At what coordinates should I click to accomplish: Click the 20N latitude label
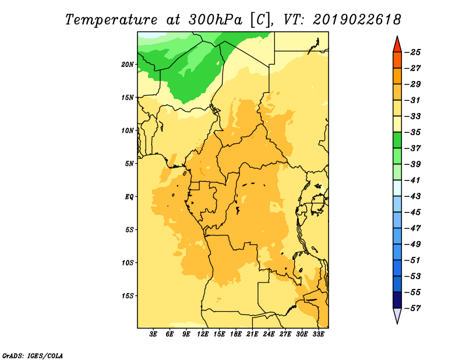coord(128,65)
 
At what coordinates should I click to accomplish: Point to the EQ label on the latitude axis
coord(129,197)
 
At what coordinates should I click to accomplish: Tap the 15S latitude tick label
coord(128,296)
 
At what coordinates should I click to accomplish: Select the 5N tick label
coord(129,164)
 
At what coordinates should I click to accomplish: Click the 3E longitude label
coord(153,334)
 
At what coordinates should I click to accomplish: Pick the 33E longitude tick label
coord(318,334)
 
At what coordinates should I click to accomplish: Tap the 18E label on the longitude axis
coord(236,334)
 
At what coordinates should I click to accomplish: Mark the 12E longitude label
coord(203,334)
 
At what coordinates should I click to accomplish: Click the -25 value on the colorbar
coord(413,52)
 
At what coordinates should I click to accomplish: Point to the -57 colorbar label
coord(413,308)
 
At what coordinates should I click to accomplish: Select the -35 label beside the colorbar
coord(413,132)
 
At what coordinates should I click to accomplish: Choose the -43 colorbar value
coord(413,196)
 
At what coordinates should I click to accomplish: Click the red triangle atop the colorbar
coord(397,45)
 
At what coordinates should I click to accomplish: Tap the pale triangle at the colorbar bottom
coord(397,315)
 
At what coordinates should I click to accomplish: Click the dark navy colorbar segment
coord(397,300)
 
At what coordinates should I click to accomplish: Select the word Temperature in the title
coord(111,20)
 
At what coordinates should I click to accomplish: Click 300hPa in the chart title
coord(216,20)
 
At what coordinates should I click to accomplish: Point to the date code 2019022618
coord(356,20)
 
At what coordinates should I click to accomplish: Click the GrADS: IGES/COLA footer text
coord(33,355)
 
